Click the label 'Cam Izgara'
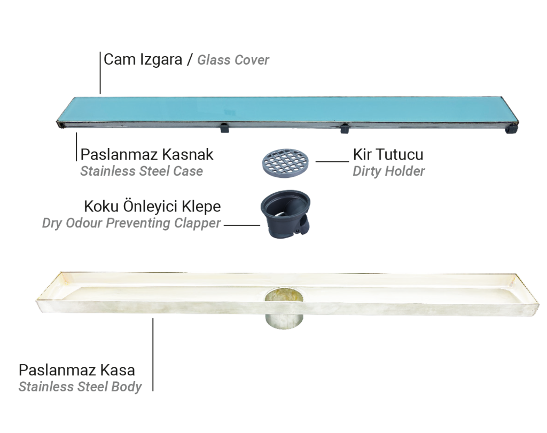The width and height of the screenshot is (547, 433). [x=143, y=60]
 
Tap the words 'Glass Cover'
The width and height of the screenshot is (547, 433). [x=233, y=60]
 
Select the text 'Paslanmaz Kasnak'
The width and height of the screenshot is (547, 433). [x=147, y=154]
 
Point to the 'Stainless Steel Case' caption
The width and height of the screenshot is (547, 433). [x=142, y=171]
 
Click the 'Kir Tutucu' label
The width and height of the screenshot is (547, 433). [x=388, y=154]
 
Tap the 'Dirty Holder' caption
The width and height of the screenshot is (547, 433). [x=389, y=171]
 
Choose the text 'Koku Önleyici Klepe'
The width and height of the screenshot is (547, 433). [x=152, y=206]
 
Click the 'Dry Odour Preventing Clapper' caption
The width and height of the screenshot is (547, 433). [x=131, y=223]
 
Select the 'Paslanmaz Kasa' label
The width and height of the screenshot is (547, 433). [x=77, y=370]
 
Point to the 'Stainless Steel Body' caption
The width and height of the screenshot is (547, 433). [x=80, y=387]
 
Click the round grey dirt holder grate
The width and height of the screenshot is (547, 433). [x=285, y=163]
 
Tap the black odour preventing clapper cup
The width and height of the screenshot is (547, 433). [x=285, y=214]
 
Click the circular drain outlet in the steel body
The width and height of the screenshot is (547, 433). [x=284, y=308]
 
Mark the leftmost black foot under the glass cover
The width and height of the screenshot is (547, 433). [x=224, y=128]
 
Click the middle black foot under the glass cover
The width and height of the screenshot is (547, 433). [x=345, y=128]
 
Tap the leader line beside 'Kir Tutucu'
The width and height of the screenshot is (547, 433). [x=332, y=161]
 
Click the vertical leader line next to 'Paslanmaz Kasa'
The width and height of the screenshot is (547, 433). [x=153, y=355]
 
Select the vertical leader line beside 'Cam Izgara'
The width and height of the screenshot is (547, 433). [x=100, y=73]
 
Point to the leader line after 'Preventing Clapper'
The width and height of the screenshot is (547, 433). [x=242, y=225]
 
